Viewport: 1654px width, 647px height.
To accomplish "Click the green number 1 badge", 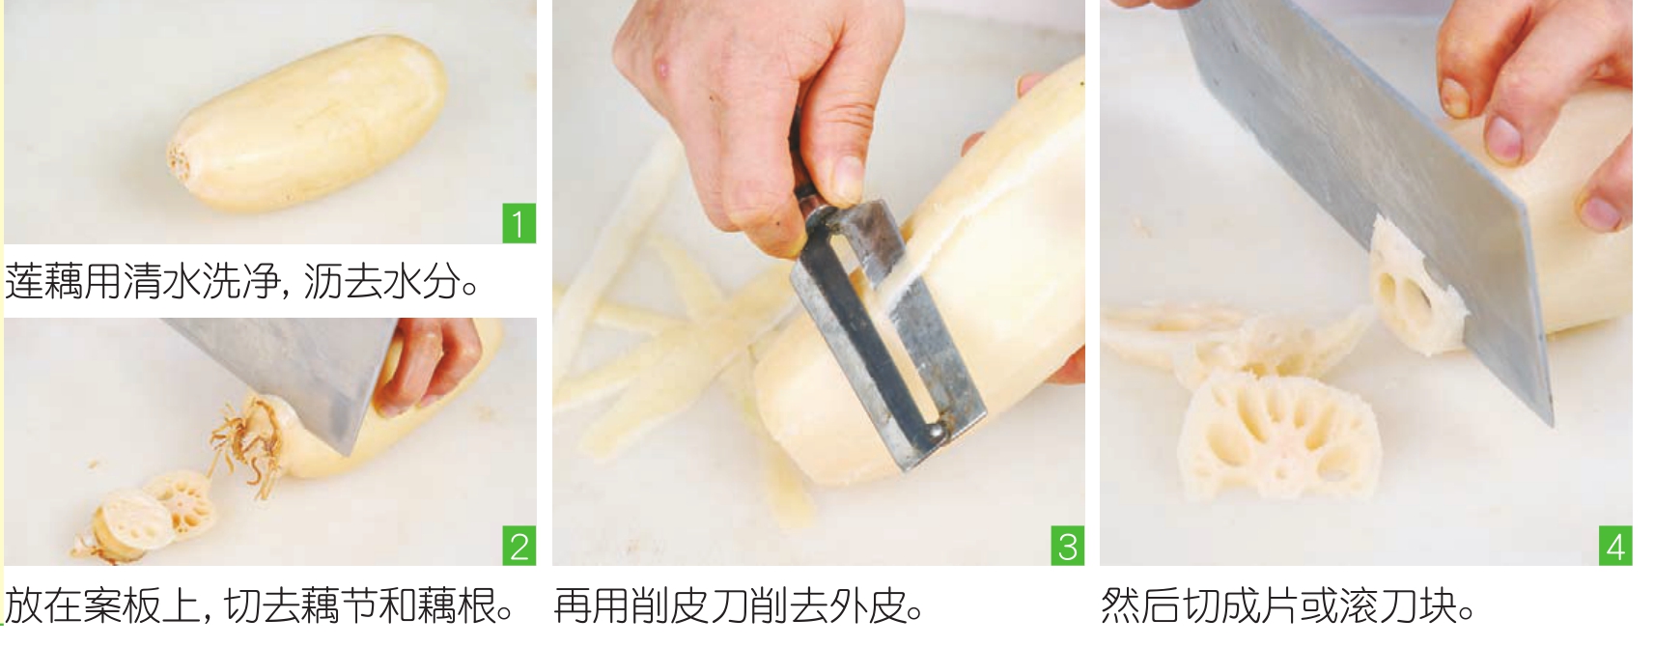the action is (x=519, y=223).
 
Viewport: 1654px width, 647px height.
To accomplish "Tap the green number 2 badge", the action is (x=519, y=546).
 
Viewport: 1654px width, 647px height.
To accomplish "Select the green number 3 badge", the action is (x=1068, y=546).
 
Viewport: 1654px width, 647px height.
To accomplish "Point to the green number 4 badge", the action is (x=1615, y=546).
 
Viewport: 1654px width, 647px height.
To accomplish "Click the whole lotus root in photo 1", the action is (x=309, y=124).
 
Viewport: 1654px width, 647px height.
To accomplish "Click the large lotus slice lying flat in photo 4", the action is (x=1277, y=436).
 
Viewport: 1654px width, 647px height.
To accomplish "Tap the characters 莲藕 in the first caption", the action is (x=43, y=281).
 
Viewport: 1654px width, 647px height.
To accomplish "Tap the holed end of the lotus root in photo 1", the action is (x=181, y=158).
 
